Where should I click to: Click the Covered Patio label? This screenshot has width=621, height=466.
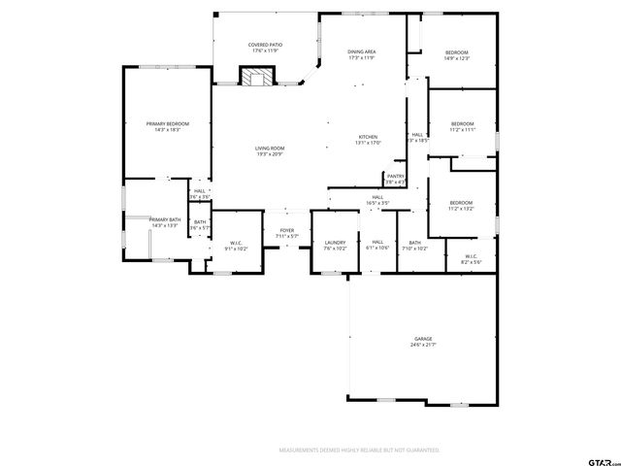(x=265, y=48)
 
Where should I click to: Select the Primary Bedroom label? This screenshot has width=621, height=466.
(x=168, y=126)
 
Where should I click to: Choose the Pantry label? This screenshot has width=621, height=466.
(x=395, y=179)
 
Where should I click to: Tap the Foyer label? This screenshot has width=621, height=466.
(x=287, y=233)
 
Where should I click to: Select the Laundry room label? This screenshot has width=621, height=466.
(x=336, y=245)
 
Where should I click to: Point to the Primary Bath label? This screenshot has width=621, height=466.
(x=165, y=222)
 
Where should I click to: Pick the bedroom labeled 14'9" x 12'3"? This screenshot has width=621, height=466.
(x=457, y=54)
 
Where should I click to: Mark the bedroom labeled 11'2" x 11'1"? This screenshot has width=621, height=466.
(x=462, y=126)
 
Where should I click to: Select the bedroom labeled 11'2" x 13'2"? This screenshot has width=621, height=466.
(x=461, y=205)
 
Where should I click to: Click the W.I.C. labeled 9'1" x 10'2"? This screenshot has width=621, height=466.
(x=236, y=245)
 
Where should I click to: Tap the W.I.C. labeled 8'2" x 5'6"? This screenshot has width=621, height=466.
(x=471, y=259)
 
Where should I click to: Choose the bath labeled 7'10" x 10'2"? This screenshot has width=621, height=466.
(x=414, y=245)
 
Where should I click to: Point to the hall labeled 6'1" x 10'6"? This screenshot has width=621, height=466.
(x=377, y=245)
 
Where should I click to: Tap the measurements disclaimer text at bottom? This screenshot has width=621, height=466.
(x=359, y=450)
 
